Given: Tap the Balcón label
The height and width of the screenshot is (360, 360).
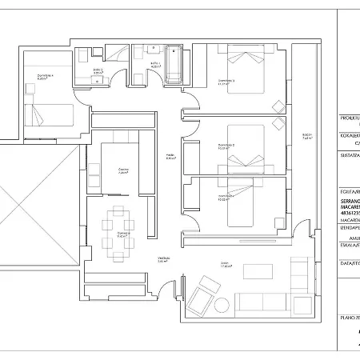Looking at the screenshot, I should point(306,135).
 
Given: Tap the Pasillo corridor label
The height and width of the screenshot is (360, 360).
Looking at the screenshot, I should point(170,155).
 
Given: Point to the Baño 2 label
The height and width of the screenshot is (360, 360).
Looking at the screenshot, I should point(97,70).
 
